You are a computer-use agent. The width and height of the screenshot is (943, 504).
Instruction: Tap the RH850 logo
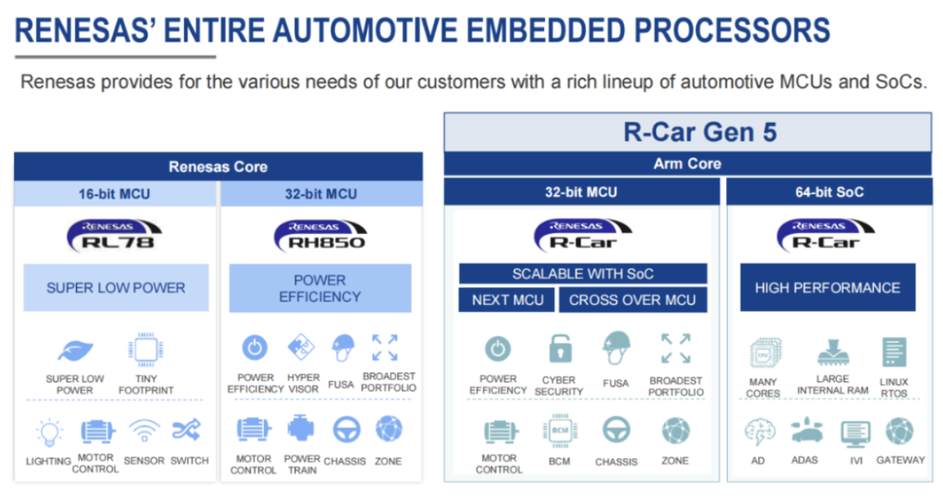pos(320,235)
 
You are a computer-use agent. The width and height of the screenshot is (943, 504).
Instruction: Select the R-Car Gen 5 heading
pos(699,131)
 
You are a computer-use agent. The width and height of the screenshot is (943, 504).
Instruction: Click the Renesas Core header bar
pos(218,167)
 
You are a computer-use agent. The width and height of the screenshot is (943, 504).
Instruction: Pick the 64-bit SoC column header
pos(828,192)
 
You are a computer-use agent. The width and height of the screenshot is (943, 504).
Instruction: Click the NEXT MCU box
pos(507,300)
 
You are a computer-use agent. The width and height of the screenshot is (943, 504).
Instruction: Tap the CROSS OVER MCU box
pos(633,300)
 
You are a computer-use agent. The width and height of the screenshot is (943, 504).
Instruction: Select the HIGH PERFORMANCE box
pos(827,287)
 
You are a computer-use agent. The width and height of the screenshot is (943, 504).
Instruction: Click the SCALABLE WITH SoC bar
pos(582,274)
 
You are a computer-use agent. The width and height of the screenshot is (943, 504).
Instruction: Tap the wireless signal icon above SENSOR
pos(144,430)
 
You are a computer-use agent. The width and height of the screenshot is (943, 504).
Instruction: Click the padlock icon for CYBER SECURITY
pos(559,348)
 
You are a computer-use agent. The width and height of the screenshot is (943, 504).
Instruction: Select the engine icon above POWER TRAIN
pos(302,429)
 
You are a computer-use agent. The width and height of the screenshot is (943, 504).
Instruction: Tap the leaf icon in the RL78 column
pos(75,350)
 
